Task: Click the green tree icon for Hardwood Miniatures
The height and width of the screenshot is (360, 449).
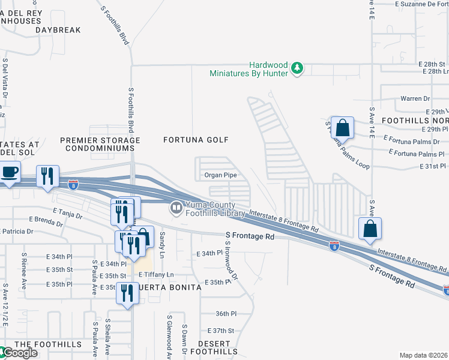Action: point(297,68)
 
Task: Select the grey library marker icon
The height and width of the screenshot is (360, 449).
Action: point(176,209)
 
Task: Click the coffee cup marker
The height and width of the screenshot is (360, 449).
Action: point(9,173)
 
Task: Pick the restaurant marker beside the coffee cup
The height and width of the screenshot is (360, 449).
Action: point(46,176)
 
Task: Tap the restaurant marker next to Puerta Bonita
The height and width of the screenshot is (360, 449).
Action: point(127,294)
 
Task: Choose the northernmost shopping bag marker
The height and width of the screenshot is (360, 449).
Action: point(342,128)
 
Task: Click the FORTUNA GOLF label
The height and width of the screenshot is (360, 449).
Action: point(196,140)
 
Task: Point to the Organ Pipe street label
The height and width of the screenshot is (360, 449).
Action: point(220,175)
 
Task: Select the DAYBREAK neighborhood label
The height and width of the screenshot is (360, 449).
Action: point(58,29)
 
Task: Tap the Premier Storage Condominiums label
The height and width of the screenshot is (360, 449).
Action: point(100,144)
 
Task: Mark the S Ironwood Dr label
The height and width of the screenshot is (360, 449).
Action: point(231,261)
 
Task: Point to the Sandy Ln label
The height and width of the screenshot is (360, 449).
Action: point(161,247)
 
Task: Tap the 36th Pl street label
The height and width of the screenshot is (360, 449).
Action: point(227,314)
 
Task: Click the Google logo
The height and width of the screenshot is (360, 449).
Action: point(20,353)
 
